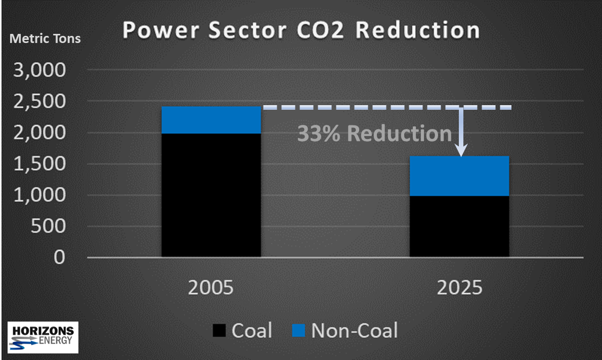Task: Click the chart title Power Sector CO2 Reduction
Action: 301,30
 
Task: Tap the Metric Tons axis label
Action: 45,38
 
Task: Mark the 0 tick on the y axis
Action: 60,258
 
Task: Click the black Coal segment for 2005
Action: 211,195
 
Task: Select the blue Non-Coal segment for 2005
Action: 211,120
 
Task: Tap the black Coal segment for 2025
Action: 459,226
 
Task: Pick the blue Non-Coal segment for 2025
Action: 459,175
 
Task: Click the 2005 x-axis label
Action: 211,288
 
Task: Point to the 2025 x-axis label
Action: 459,288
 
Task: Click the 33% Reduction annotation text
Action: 374,134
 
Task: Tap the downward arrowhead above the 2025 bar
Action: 461,150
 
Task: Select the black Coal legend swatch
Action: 219,331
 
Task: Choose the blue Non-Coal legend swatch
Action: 299,331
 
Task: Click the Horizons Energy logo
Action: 43,337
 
